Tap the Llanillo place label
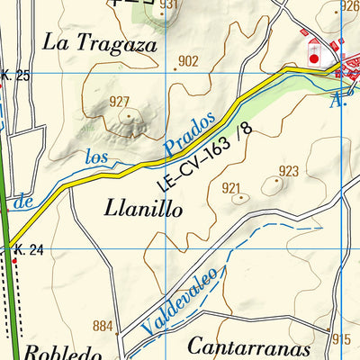pos(145,209)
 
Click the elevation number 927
pos(120,101)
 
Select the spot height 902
pos(188,61)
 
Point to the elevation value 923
pos(288,171)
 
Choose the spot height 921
pos(232,188)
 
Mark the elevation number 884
pos(103,325)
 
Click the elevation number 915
pos(340,339)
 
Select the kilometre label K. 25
pos(15,76)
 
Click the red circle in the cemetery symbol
pos(313,58)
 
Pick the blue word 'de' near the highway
pos(25,202)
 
